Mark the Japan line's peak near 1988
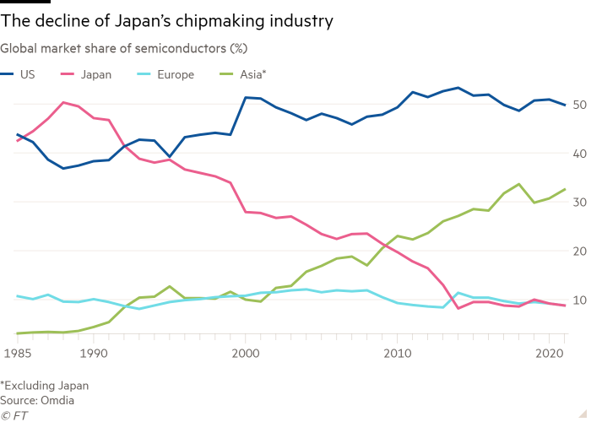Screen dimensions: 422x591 pos(63,102)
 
